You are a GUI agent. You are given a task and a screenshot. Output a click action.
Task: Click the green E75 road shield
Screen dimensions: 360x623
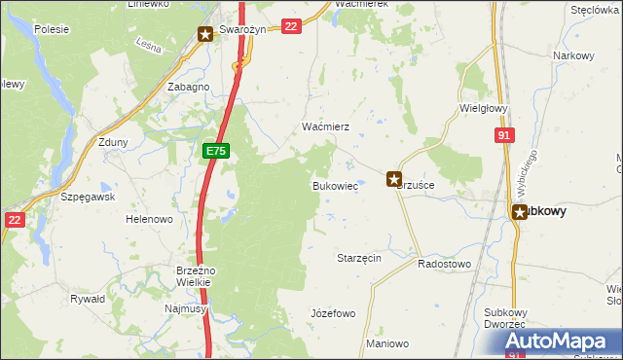[216, 151]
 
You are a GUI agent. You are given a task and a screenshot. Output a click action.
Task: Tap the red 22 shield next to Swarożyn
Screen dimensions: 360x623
[290, 27]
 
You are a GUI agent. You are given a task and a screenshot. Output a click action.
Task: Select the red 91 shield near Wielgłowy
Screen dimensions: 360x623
[502, 136]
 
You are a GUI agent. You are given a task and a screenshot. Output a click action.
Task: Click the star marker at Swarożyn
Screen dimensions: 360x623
[205, 34]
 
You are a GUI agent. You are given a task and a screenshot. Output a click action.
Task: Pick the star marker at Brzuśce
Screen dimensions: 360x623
[394, 179]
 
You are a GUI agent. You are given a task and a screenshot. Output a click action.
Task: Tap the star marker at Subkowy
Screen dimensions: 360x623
[521, 210]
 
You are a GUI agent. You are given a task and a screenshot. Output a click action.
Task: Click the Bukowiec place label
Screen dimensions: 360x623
[334, 185]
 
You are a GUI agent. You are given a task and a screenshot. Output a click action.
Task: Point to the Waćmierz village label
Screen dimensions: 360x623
[318, 127]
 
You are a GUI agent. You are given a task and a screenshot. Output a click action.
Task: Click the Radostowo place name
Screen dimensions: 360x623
[444, 264]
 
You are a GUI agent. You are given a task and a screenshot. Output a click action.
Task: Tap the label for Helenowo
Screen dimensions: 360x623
[149, 219]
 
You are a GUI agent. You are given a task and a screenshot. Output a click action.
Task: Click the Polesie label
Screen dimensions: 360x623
[51, 29]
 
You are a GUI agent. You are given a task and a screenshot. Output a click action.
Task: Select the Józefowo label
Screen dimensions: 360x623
[332, 313]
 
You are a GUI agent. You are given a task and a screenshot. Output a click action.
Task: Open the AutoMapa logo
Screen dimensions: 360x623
[561, 342]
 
